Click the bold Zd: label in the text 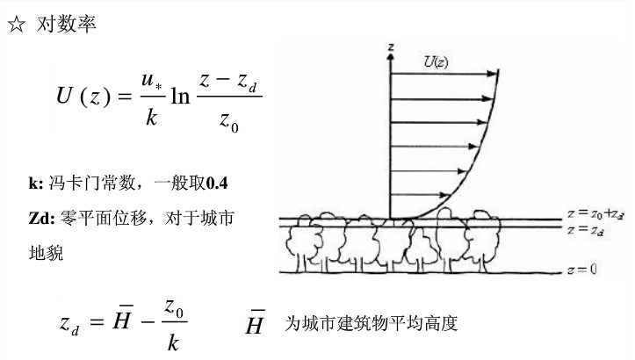[40, 217]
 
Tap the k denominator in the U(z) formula [150, 117]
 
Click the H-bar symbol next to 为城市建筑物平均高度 [254, 323]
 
